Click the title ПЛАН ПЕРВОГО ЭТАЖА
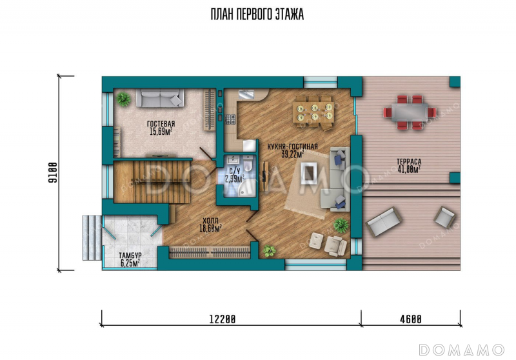tap(257, 14)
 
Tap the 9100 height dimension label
tap(53, 173)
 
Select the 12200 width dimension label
tap(223, 319)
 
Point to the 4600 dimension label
tap(411, 319)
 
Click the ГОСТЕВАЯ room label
tap(161, 124)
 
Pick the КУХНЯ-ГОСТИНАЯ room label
tap(293, 146)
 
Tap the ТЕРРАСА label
tap(409, 162)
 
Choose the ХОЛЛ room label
tap(210, 221)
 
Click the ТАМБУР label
tap(130, 255)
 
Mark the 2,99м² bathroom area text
tap(235, 179)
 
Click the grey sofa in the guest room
tap(160, 97)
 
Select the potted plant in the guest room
tap(123, 99)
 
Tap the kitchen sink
tap(246, 94)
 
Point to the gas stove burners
tap(230, 119)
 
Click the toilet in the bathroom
tap(249, 164)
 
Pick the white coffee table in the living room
tap(309, 173)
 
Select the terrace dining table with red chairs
tap(410, 112)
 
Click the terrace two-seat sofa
tap(383, 222)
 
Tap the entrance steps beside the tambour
tap(92, 237)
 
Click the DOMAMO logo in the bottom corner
tap(461, 350)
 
